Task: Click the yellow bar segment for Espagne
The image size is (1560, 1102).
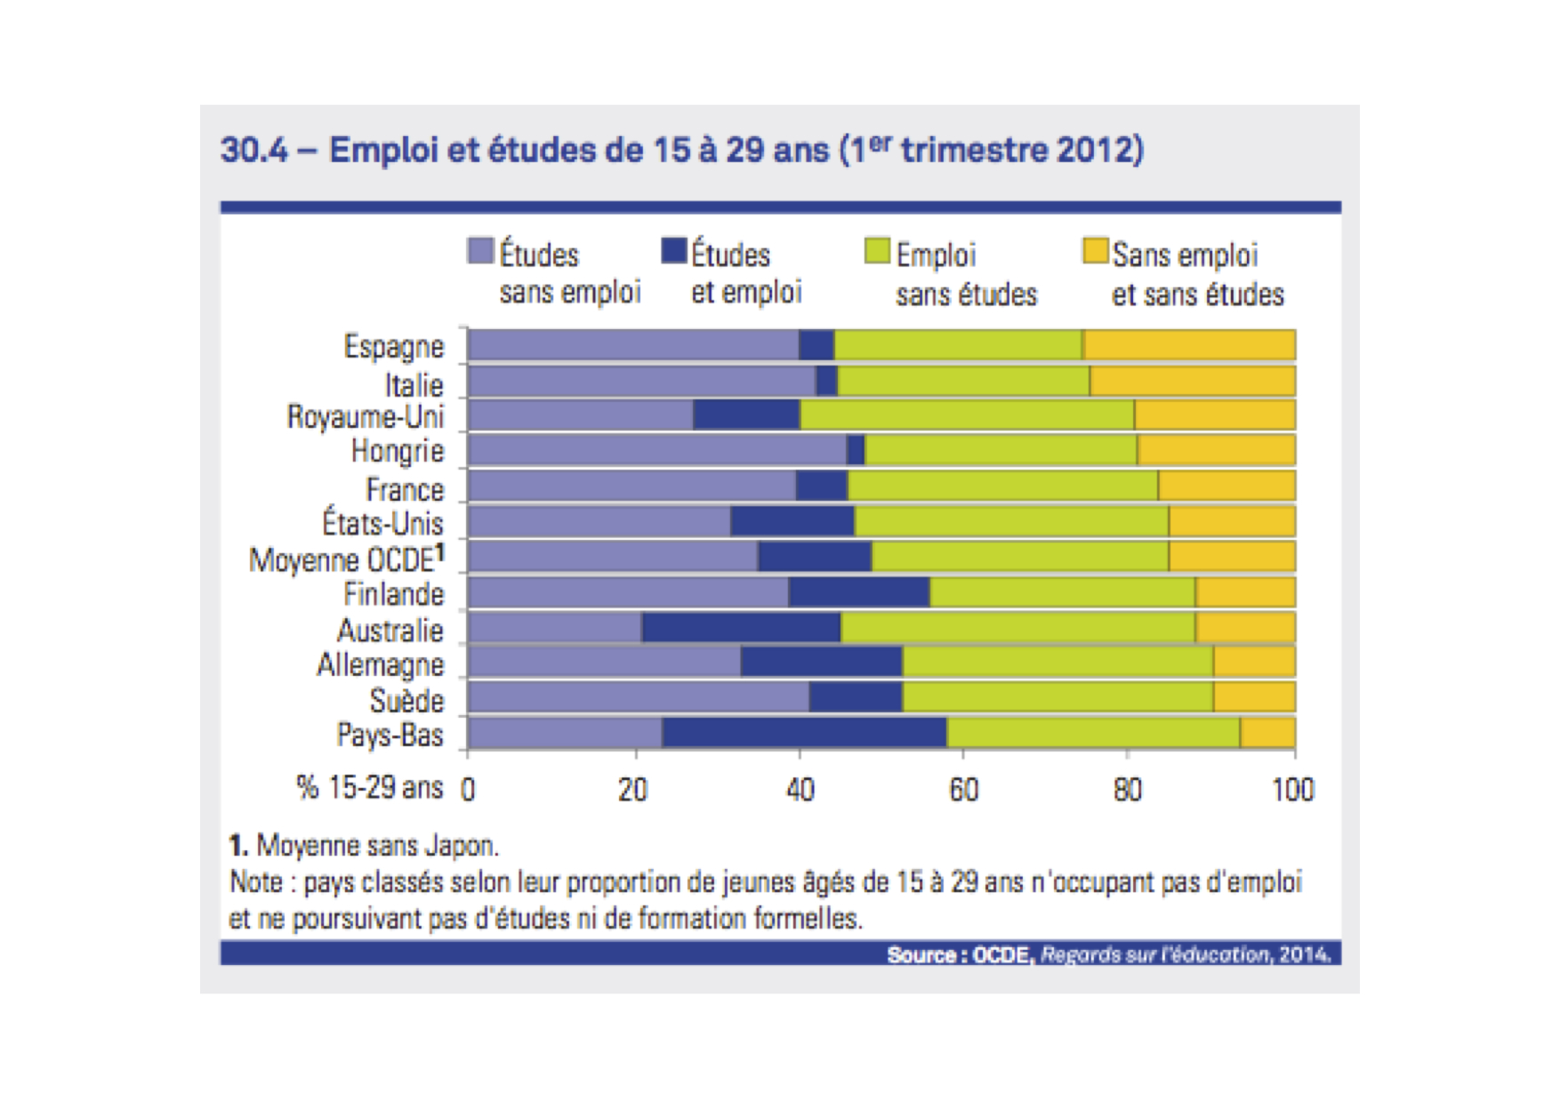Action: point(1189,345)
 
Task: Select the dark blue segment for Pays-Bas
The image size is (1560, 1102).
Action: point(804,733)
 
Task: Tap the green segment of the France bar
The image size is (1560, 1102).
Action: point(1002,486)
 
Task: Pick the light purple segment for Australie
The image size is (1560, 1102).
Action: point(554,627)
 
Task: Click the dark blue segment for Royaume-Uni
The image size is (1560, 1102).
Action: point(746,415)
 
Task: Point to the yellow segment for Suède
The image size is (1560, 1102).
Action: point(1254,697)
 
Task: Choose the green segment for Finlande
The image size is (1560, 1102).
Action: point(1062,591)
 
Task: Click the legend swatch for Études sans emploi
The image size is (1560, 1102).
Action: point(480,251)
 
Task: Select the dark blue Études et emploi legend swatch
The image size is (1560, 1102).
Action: point(674,251)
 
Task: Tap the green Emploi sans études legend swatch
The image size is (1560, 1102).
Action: point(877,251)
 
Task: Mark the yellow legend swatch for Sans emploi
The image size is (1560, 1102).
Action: point(1095,251)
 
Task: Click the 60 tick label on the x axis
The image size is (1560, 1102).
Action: point(963,790)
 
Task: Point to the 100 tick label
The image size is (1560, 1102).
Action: point(1292,790)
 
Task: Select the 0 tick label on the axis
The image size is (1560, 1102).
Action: point(469,790)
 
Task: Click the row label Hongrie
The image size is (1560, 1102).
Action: point(398,451)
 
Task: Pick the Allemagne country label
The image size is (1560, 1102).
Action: point(381,664)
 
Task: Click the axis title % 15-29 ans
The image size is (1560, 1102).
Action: point(369,787)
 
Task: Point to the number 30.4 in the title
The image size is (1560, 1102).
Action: point(254,149)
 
